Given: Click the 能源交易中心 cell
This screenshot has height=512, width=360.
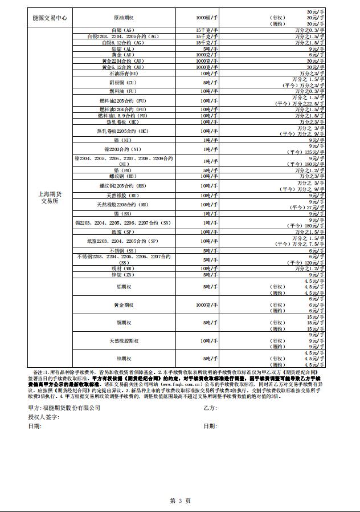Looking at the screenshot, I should point(50,18).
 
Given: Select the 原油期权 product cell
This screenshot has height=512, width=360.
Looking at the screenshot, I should point(124,18).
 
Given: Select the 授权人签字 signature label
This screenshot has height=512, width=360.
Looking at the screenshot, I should point(44,417).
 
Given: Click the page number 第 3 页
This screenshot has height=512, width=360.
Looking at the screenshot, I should point(180,500).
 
